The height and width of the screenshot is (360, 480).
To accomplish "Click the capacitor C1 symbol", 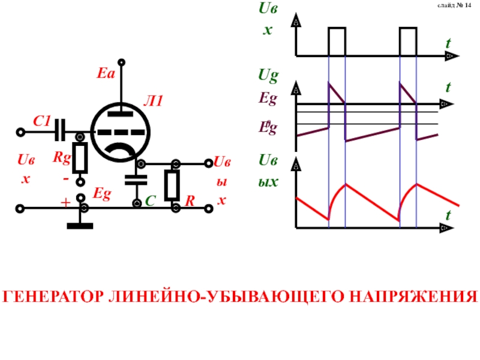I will pyautogui.click(x=60, y=128).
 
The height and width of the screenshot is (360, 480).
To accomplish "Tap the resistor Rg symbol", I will pyautogui.click(x=80, y=157).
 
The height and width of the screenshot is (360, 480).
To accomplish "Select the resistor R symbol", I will pyautogui.click(x=173, y=185).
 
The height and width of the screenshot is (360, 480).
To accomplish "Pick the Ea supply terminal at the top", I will pyautogui.click(x=121, y=62).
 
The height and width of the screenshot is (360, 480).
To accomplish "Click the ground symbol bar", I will pyautogui.click(x=80, y=226).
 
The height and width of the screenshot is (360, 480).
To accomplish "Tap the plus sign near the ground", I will pyautogui.click(x=65, y=203).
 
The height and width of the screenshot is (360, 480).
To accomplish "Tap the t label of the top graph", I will pyautogui.click(x=448, y=44).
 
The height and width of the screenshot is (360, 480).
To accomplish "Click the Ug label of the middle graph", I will pyautogui.click(x=268, y=76).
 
